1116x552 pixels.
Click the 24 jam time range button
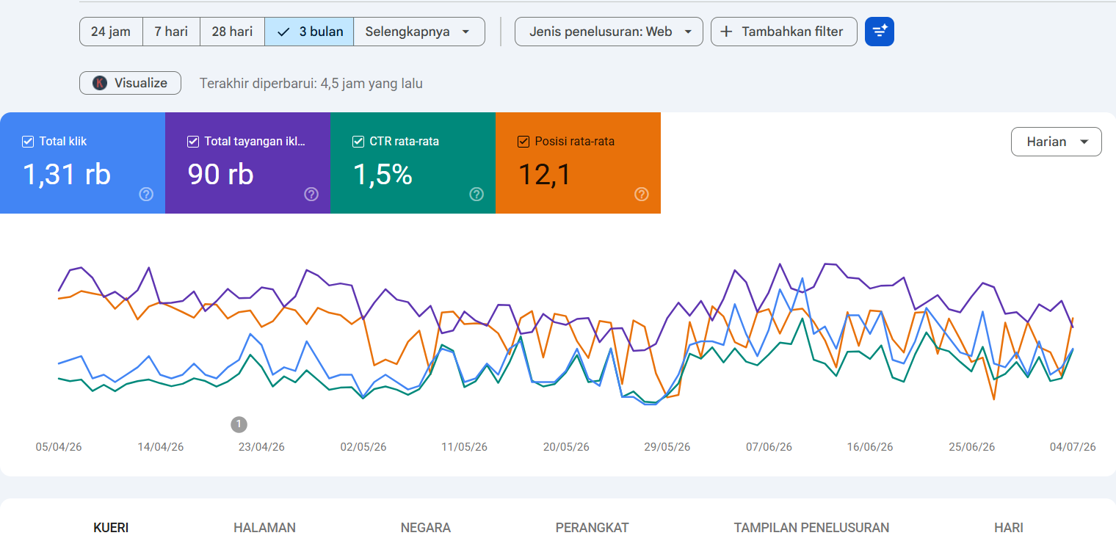(111, 32)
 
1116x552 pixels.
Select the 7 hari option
(171, 32)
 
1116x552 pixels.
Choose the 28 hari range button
(232, 32)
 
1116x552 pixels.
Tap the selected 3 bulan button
(309, 32)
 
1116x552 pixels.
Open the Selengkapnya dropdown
(419, 32)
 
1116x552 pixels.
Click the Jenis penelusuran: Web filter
(609, 32)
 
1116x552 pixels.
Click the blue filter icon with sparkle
(880, 32)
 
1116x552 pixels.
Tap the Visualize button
(130, 83)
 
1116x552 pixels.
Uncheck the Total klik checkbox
(28, 142)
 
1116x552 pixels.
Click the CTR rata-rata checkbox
(358, 142)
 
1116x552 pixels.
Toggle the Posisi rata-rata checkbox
(523, 142)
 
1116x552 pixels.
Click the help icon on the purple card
(311, 195)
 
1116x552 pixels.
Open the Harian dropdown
(1057, 142)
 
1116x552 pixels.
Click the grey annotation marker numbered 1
(239, 424)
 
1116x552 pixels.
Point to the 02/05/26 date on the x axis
(363, 447)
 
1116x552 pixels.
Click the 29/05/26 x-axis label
(667, 447)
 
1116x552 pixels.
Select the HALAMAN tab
(264, 528)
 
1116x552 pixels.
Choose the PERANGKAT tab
(592, 528)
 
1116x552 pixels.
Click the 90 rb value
(221, 175)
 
